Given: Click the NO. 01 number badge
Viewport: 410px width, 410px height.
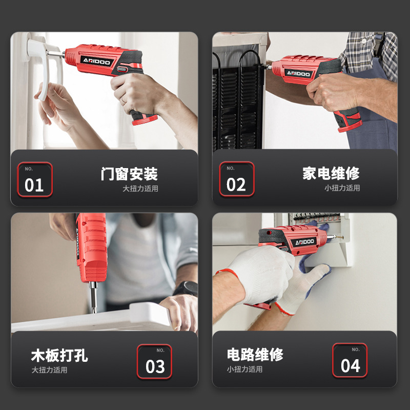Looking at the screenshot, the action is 35,179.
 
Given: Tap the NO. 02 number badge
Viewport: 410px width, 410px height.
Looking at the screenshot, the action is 237,179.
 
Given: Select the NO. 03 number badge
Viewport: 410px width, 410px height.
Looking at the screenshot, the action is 154,361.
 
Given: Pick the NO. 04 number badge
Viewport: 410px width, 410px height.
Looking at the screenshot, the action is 350,360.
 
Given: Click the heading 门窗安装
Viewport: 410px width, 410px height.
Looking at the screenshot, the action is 129,174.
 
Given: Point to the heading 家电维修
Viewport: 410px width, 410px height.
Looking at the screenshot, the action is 331,173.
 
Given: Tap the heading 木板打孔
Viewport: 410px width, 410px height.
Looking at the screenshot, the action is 59,355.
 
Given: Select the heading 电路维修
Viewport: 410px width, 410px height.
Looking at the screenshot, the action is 255,355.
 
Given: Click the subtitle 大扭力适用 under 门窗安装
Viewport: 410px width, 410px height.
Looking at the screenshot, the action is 140,189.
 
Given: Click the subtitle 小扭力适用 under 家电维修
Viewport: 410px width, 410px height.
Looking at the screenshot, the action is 342,188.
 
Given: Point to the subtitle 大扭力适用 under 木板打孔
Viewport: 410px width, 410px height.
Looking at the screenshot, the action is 49,370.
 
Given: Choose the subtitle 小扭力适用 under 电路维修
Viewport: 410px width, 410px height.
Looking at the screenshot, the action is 245,369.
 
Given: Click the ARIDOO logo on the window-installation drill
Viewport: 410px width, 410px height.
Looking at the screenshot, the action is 97,61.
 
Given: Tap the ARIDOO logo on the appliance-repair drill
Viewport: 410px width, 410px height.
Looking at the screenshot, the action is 298,73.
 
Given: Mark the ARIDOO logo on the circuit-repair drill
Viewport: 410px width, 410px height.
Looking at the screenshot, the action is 304,242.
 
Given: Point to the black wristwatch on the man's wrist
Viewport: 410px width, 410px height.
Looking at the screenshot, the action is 186,289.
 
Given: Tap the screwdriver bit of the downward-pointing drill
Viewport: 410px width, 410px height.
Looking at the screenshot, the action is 93,297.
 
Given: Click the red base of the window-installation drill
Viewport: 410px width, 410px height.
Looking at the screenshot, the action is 145,119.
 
